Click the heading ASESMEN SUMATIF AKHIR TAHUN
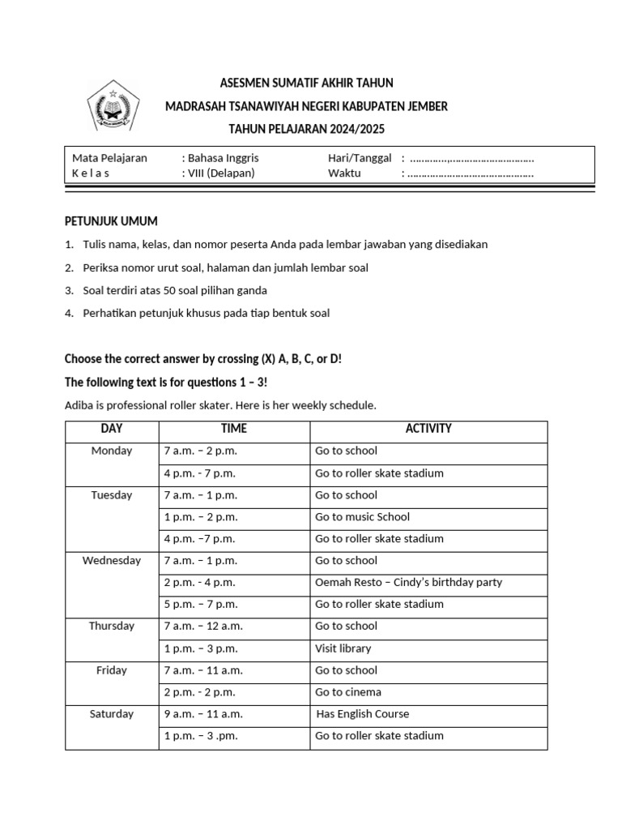[x=306, y=83]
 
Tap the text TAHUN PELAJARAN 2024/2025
[x=307, y=129]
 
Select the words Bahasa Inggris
[x=223, y=158]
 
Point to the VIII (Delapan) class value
[x=221, y=173]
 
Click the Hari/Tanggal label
[x=360, y=158]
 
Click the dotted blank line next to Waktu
[x=471, y=173]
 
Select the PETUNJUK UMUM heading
[x=111, y=221]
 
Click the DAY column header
[x=112, y=429]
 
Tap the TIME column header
[x=234, y=429]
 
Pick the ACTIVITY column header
[x=428, y=429]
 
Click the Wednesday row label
[x=112, y=560]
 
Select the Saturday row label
[x=112, y=714]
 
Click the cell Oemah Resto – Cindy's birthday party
[x=408, y=582]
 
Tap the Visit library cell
[x=343, y=648]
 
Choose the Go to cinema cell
[x=348, y=692]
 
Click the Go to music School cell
[x=362, y=516]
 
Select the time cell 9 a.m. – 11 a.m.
[x=203, y=714]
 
